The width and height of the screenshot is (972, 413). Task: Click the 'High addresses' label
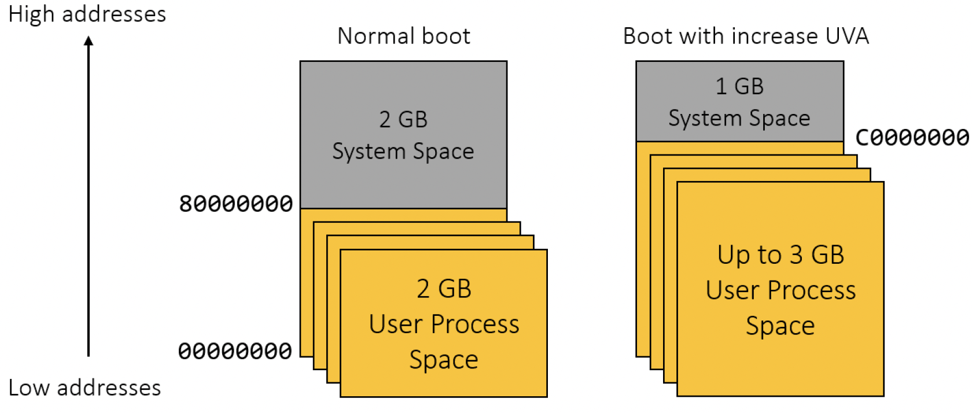tap(87, 14)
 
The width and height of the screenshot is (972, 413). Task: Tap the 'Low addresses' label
tap(84, 388)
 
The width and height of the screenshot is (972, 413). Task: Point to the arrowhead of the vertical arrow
tap(89, 40)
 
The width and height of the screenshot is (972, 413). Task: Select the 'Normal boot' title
tap(404, 36)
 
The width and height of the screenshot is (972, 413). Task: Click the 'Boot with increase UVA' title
tap(746, 36)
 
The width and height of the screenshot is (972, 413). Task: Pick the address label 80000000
tap(236, 204)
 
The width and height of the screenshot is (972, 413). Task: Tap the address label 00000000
tap(235, 351)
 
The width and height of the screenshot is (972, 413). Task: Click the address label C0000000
tap(912, 138)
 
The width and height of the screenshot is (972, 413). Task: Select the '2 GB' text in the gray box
tap(403, 119)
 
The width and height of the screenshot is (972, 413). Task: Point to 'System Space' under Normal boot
tap(403, 152)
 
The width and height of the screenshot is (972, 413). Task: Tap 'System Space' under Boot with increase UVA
tap(739, 118)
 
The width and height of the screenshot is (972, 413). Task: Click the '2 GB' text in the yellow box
tap(444, 289)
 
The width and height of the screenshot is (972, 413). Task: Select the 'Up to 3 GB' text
tap(780, 255)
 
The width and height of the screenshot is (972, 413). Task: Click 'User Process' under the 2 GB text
tap(444, 324)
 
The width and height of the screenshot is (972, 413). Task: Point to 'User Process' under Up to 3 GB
tap(780, 290)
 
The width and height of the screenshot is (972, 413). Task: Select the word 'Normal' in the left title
tap(370, 36)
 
